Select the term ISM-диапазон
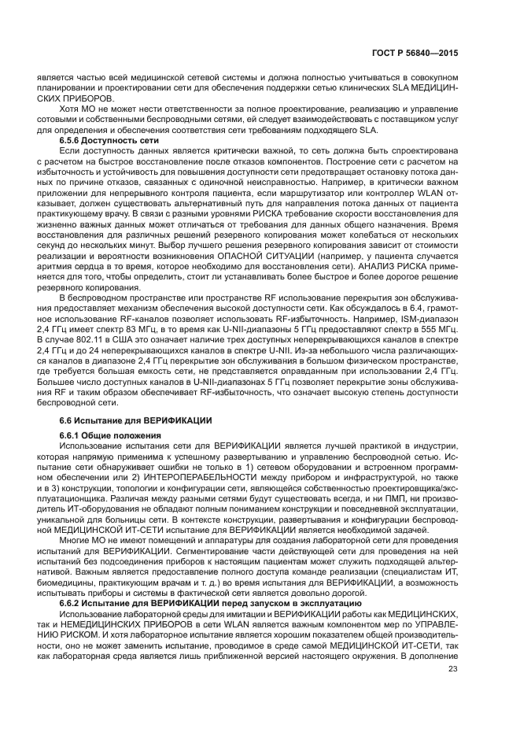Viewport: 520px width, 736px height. click(x=422, y=314)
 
